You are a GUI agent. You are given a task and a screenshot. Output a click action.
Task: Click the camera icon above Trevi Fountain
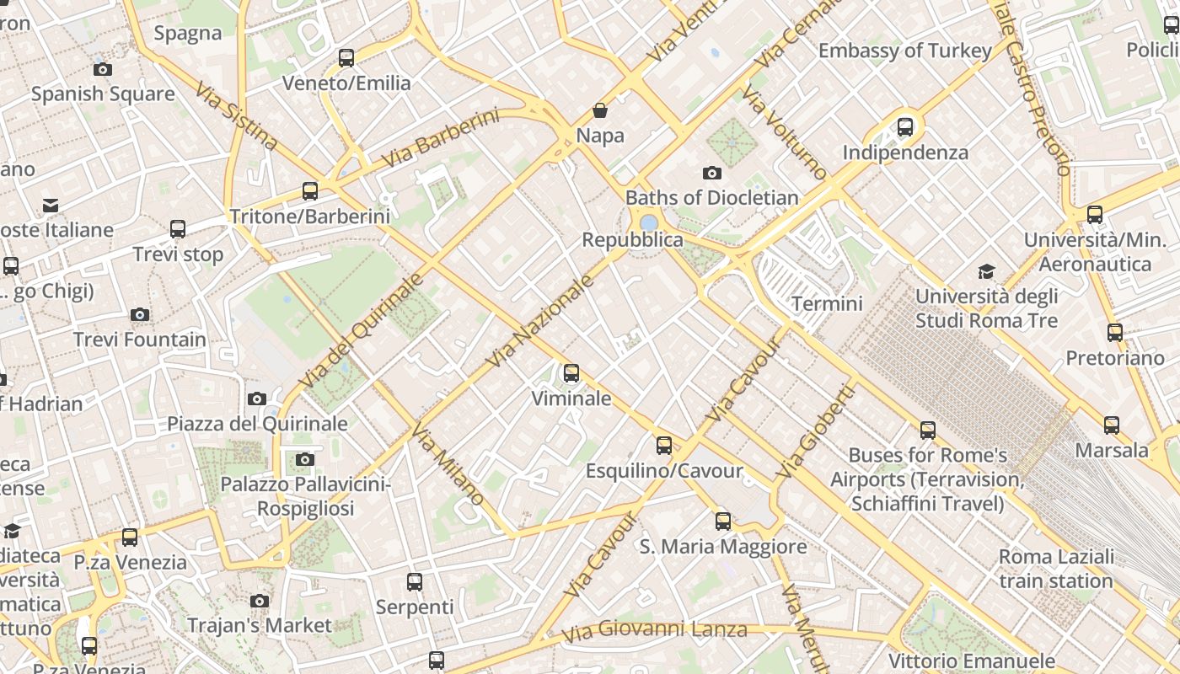pos(140,315)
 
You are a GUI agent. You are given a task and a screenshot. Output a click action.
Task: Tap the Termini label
pos(827,303)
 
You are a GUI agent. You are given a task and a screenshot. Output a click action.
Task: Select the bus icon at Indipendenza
pos(905,127)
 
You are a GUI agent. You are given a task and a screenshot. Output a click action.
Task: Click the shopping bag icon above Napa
pos(600,110)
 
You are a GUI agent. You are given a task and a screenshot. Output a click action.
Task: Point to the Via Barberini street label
pos(440,137)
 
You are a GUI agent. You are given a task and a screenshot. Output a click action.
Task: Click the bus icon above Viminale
pos(571,372)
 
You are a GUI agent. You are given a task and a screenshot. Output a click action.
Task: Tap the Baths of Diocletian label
pos(711,198)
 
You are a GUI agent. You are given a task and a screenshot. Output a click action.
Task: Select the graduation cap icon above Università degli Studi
pos(986,271)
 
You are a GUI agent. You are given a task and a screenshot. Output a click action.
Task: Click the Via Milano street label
pos(448,464)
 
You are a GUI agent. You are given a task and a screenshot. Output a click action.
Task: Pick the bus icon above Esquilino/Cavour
pos(664,445)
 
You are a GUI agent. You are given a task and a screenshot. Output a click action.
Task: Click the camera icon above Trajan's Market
pos(260,601)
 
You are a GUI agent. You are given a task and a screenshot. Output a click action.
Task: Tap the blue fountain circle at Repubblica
pos(649,223)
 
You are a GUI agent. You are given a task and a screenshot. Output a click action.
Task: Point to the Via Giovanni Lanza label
pos(654,630)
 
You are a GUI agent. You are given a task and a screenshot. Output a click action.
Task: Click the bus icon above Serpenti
pos(414,581)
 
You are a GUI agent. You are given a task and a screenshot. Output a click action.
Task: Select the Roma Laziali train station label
pos(1056,569)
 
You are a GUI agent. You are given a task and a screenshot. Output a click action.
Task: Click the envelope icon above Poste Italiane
pos(51,205)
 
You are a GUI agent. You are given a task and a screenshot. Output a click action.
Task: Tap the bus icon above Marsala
pos(1112,425)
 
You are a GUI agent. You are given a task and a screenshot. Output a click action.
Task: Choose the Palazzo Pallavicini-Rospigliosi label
pos(305,496)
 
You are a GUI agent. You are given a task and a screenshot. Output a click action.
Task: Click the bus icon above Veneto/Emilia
pos(346,57)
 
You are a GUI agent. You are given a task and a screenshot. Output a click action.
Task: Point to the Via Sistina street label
pos(236,115)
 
